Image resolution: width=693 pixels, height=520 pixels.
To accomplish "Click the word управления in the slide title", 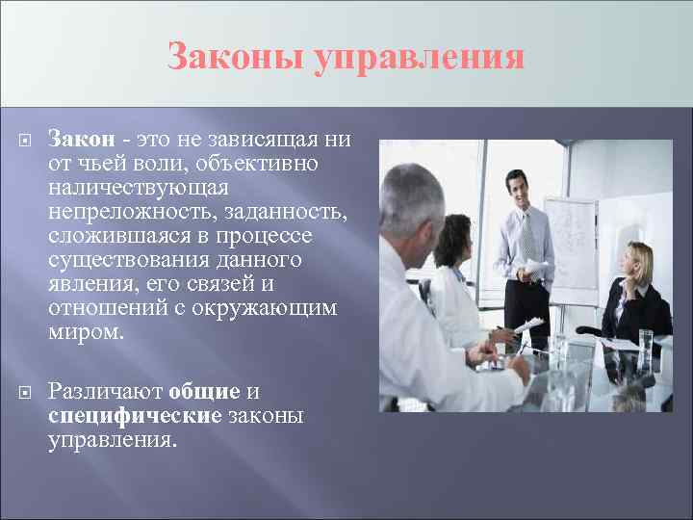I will tap(420, 58).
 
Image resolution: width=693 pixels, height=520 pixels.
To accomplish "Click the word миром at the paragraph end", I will tap(86, 333).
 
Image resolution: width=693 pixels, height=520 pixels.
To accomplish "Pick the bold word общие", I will tap(203, 393).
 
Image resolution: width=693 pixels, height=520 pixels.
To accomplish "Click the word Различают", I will tap(105, 393).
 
